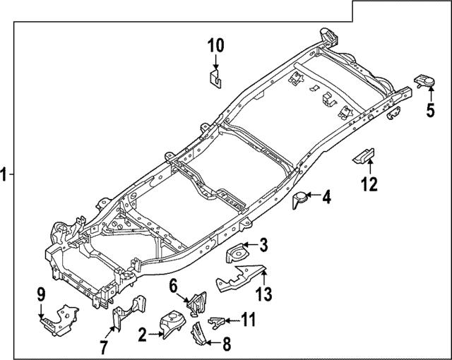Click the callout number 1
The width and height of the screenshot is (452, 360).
[6, 174]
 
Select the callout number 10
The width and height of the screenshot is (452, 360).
[215, 46]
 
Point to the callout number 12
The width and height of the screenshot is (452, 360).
[369, 185]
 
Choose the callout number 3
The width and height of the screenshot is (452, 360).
[263, 245]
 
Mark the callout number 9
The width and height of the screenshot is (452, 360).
[41, 293]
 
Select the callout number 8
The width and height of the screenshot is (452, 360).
[226, 344]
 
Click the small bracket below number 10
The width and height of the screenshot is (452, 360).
[216, 77]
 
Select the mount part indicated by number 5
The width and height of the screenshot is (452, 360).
[423, 82]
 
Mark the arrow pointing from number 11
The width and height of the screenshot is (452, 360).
[231, 320]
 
